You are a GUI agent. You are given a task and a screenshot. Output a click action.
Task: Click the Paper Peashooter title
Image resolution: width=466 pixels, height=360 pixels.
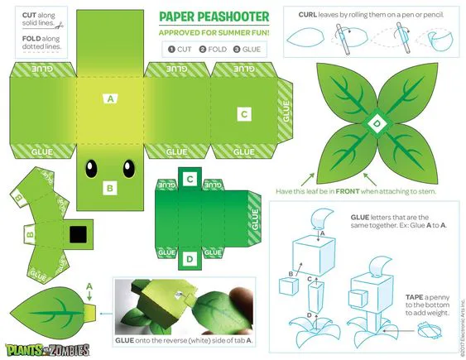point(214,17)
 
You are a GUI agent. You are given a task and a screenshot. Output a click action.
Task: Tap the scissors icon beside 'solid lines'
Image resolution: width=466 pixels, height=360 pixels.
point(60,26)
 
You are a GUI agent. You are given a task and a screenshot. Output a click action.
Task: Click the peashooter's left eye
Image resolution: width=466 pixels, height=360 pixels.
point(91,169)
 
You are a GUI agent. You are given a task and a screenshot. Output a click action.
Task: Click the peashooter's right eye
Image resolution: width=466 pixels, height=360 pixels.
point(128,169)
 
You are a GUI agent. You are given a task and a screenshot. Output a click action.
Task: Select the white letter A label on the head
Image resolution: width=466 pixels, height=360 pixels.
point(110,98)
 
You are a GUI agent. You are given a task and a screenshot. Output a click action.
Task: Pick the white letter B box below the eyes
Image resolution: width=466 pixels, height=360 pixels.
point(110,188)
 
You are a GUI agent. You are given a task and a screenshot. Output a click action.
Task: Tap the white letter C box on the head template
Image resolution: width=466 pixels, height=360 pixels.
point(244,114)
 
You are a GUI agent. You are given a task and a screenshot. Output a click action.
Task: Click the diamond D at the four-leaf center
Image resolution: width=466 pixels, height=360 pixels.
point(377,124)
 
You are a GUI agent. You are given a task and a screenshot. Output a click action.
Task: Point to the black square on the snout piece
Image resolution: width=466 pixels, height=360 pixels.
point(78,234)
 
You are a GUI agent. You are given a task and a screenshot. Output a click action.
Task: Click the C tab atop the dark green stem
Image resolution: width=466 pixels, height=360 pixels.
point(190,179)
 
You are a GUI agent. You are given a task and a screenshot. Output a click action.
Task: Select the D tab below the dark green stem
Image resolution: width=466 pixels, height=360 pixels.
point(190,259)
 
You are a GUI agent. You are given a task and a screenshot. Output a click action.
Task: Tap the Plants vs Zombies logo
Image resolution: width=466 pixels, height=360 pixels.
point(47,349)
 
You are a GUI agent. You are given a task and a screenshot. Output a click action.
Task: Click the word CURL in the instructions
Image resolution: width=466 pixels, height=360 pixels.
point(308,15)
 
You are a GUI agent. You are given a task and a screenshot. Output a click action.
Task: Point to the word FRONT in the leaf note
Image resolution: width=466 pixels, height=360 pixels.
point(348,191)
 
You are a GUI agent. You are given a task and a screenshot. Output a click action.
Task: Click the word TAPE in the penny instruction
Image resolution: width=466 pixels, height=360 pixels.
point(415,297)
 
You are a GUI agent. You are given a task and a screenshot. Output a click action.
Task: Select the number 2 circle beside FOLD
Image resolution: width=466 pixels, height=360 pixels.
point(203,50)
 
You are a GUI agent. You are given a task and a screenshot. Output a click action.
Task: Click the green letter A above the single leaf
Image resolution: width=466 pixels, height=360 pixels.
point(89,286)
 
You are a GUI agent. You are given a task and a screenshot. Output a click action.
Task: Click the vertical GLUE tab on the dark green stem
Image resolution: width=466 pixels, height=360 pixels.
point(255,218)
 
